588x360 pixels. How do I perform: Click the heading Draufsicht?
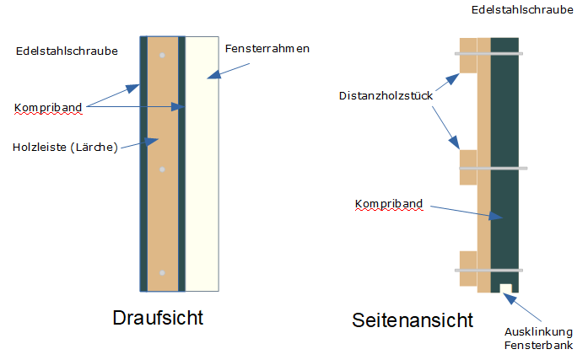tap(158, 319)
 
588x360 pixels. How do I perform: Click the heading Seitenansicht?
tap(412, 320)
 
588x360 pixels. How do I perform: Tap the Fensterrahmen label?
tap(267, 49)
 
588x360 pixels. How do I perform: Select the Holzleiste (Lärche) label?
tap(65, 148)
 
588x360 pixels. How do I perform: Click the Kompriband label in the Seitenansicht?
tap(388, 204)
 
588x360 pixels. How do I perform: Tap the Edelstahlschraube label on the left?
tap(67, 51)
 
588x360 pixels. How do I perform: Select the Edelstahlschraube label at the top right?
tap(528, 10)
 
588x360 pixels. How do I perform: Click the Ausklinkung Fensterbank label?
tap(539, 337)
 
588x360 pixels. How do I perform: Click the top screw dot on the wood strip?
tap(163, 56)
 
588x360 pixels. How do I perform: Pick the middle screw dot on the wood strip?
tap(163, 169)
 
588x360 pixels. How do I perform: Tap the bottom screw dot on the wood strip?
tap(163, 273)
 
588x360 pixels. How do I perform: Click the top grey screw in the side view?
tap(490, 54)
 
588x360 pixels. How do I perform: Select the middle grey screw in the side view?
tap(494, 169)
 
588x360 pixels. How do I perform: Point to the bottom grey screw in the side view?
tap(490, 271)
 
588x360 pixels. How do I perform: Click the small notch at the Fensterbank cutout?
tap(505, 288)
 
